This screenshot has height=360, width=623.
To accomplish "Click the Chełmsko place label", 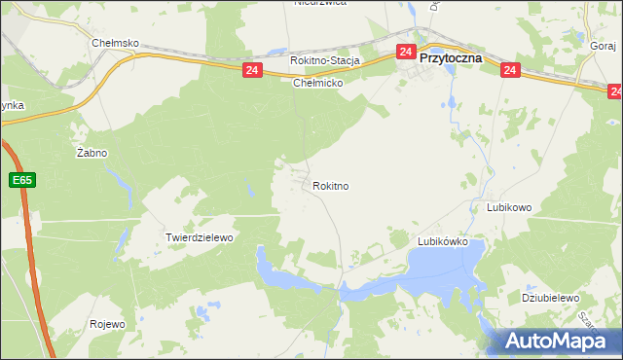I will pos(116,44).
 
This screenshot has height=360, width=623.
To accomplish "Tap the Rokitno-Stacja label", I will pos(325,60).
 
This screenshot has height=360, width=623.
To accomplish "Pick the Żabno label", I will pos(92,154).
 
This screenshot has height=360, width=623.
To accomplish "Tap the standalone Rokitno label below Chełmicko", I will pos(331,185).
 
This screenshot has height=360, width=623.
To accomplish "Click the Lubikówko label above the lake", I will pos(443,240).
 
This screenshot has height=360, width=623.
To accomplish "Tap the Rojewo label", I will pos(108,324).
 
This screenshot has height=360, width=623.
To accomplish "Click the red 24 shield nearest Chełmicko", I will pos(252,71).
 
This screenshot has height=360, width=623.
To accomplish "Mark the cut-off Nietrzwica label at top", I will pos(320,3).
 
